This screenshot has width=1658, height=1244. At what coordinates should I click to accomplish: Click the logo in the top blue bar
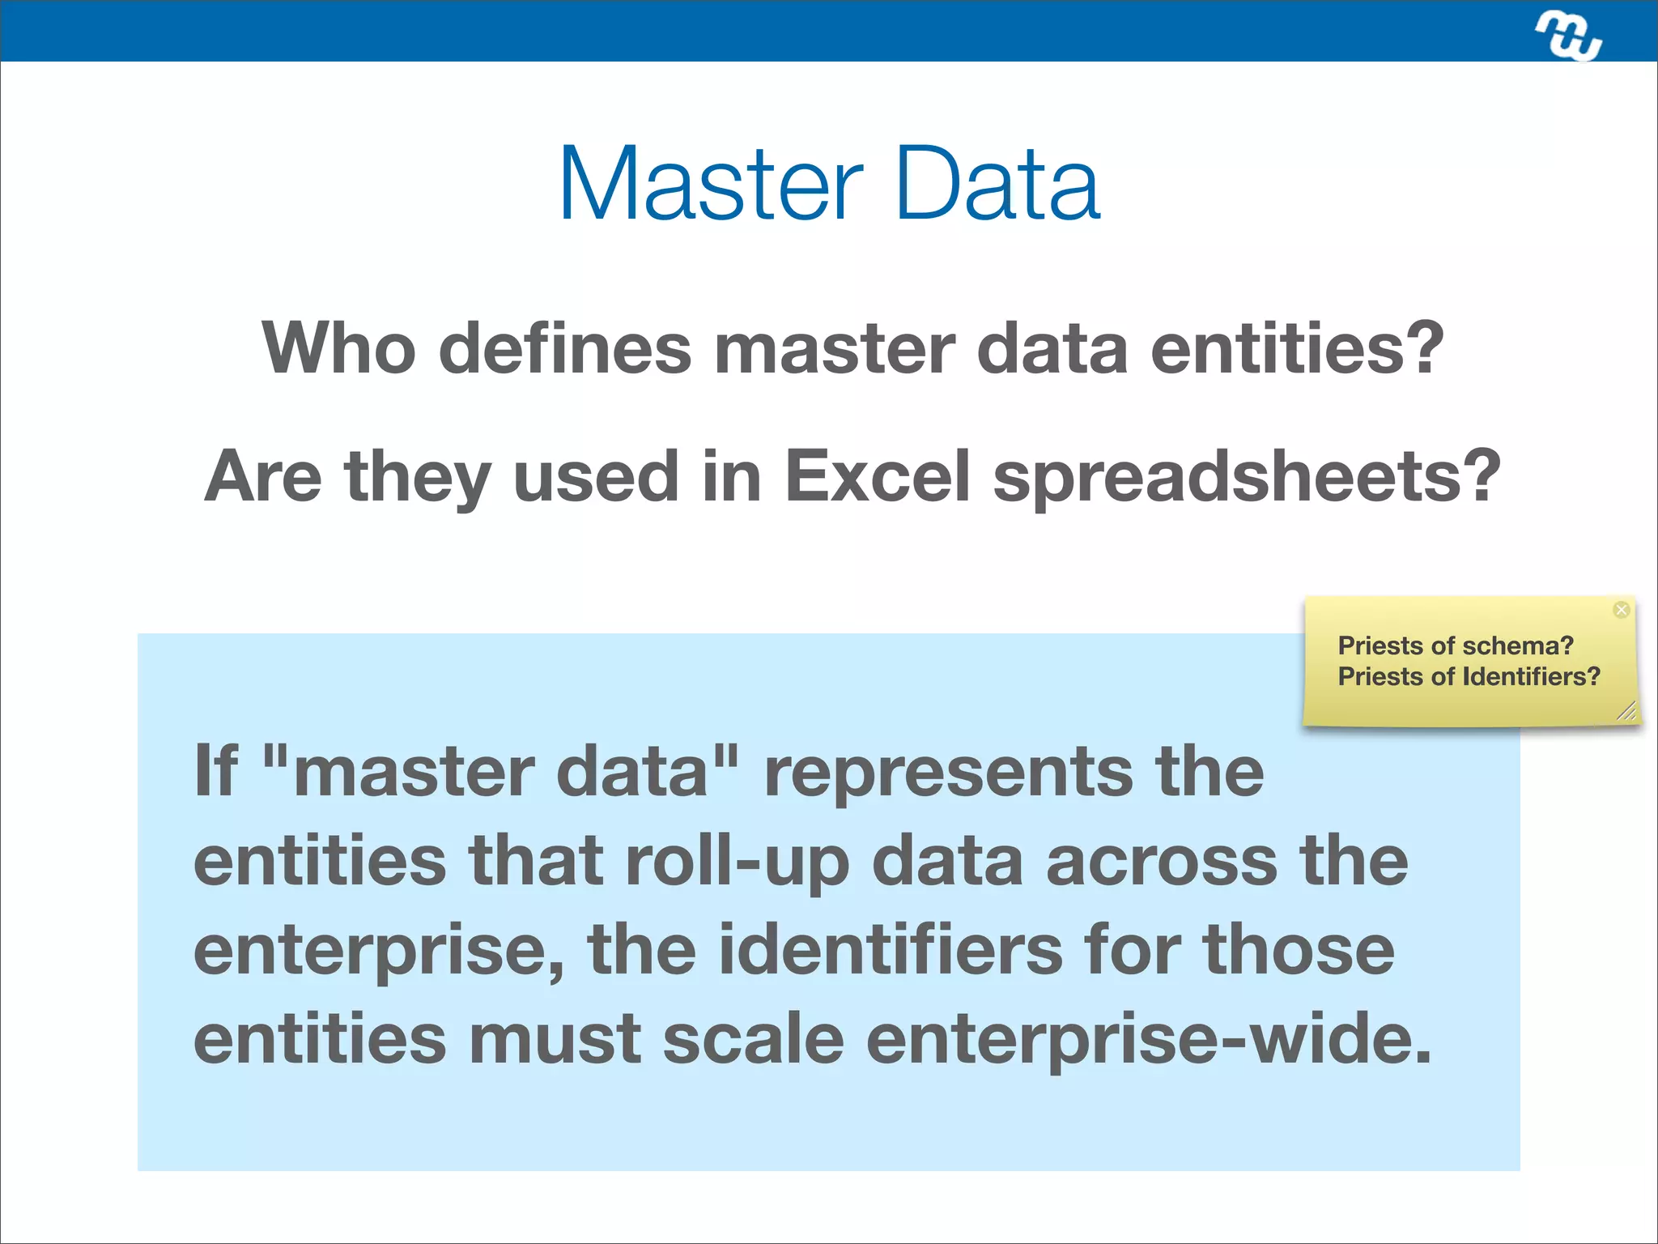click(x=1568, y=36)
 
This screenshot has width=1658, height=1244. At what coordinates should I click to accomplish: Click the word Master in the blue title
click(x=711, y=185)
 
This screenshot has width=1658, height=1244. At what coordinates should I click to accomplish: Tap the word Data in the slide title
click(x=997, y=185)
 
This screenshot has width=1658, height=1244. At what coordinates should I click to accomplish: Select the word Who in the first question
click(x=338, y=348)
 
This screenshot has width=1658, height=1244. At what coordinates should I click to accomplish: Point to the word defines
click(x=565, y=348)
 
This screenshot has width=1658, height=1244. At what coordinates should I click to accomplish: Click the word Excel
click(x=877, y=476)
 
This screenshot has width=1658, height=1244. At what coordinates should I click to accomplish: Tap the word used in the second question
click(x=596, y=476)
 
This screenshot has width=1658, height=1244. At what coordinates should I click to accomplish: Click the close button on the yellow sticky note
click(x=1621, y=610)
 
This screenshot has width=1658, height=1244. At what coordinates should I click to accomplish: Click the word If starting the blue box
click(x=216, y=770)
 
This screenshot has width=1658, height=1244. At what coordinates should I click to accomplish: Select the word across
click(x=1162, y=862)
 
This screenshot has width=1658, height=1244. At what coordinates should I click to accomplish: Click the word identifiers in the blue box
click(x=891, y=950)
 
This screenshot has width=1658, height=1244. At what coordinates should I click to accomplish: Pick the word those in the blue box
click(x=1299, y=950)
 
